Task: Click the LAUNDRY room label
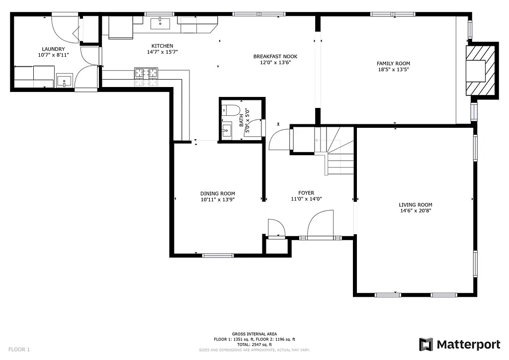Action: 53,49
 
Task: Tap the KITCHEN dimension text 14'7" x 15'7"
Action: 162,52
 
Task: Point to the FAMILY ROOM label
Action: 393,63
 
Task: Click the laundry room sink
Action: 64,81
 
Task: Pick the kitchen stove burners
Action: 146,74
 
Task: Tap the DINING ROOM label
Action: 218,193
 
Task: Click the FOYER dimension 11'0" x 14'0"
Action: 306,199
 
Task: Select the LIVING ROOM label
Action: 416,204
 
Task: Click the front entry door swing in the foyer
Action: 320,223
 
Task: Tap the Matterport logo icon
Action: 426,345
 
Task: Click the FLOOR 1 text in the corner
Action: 19,350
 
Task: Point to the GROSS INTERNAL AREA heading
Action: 254,334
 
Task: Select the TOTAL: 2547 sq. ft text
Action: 254,345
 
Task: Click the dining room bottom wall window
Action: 218,256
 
